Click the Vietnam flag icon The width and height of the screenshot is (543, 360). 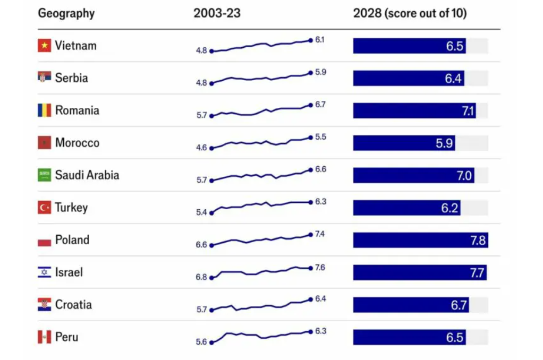tap(45, 46)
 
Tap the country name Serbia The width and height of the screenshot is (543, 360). tap(71, 78)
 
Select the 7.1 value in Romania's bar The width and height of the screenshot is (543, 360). tap(468, 111)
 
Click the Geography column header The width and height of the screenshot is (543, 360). tap(66, 13)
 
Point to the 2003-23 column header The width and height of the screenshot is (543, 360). tap(217, 13)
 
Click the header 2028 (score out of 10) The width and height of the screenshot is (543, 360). tap(410, 13)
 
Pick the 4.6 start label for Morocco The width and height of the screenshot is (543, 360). tap(201, 148)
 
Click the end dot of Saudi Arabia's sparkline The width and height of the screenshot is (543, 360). tap(310, 170)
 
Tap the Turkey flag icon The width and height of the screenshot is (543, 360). tap(45, 208)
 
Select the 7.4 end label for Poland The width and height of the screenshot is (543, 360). tap(320, 234)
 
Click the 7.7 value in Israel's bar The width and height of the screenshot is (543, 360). tap(477, 273)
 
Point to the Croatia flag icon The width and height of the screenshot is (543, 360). tap(45, 305)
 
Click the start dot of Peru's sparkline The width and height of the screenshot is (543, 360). tap(211, 342)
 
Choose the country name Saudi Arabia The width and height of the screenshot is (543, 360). tap(87, 175)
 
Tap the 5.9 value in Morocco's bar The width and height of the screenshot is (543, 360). tap(443, 143)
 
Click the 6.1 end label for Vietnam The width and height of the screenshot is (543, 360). tap(320, 40)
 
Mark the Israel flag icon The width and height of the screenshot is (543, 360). tap(45, 272)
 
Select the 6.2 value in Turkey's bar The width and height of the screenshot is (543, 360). tap(449, 208)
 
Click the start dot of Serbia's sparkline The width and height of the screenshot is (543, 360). tap(211, 83)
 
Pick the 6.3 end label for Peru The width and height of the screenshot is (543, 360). tap(320, 331)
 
